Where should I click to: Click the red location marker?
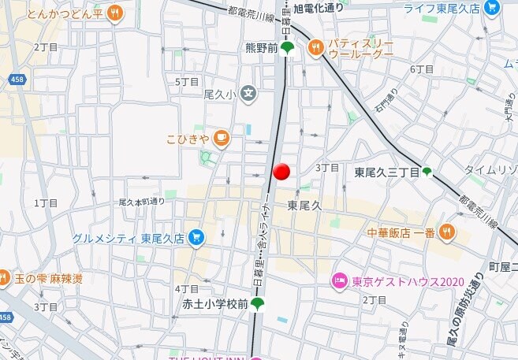(281, 172)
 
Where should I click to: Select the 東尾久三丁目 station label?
(386, 172)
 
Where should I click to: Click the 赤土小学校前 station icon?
(257, 303)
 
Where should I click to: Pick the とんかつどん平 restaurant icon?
(115, 13)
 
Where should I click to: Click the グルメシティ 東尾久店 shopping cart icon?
(196, 237)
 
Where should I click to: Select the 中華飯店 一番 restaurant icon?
(447, 232)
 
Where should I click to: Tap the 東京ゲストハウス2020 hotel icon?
(340, 280)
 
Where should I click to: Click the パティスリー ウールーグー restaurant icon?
(316, 48)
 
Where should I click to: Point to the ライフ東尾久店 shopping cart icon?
(493, 9)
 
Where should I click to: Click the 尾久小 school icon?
(249, 95)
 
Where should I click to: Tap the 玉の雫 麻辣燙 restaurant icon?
(4, 277)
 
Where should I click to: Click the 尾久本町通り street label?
(142, 202)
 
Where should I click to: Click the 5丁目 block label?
(187, 82)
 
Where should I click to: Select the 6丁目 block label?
(422, 69)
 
